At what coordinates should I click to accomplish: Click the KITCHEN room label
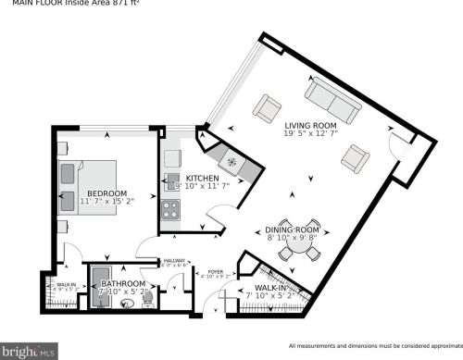(202, 178)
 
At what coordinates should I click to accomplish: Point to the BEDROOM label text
(107, 191)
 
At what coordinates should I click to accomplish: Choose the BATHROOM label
(123, 283)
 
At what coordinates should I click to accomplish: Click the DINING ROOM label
(293, 229)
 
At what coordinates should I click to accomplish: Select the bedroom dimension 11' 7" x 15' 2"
(107, 200)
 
